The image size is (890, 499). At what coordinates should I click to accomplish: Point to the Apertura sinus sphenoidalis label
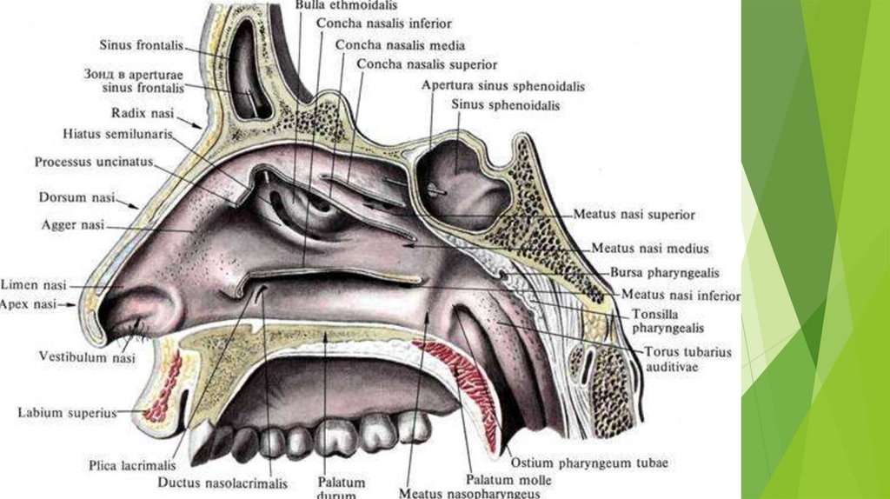[502, 86]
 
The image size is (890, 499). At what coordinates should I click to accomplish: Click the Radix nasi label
[143, 114]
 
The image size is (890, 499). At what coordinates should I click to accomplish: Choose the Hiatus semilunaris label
[117, 135]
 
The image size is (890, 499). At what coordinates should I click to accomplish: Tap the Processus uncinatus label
[93, 162]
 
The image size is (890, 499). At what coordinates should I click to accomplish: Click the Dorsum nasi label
[76, 198]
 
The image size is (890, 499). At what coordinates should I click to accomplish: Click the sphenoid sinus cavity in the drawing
[461, 183]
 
